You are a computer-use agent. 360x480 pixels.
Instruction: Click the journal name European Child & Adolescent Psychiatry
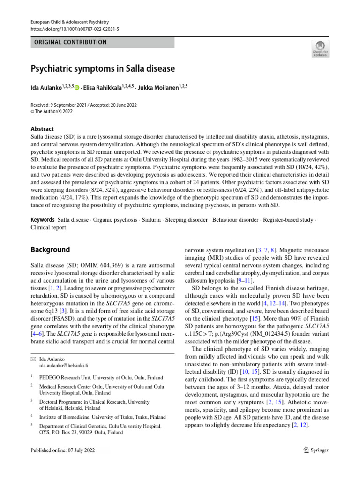pos(69,22)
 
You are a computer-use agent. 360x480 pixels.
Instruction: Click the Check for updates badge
pos(320,48)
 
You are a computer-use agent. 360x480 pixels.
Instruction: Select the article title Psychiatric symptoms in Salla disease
pos(103,69)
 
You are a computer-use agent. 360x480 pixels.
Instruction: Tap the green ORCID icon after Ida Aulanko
pos(77,88)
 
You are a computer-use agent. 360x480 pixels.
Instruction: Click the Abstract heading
pos(42,129)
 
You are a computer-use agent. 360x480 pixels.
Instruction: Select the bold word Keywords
pos(42,219)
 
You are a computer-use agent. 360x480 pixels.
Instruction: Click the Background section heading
pos(50,250)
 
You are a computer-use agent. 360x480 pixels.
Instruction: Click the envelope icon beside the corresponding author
pos(33,359)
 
